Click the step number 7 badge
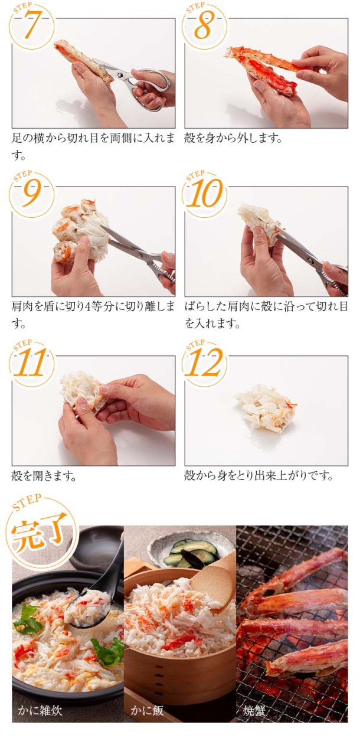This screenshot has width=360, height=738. pyautogui.click(x=32, y=26)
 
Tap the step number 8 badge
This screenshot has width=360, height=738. pyautogui.click(x=205, y=26)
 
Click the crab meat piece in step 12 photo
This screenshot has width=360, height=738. pyautogui.click(x=266, y=407)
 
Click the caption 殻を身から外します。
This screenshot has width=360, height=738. pyautogui.click(x=234, y=139)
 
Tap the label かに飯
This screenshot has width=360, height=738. pyautogui.click(x=145, y=710)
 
